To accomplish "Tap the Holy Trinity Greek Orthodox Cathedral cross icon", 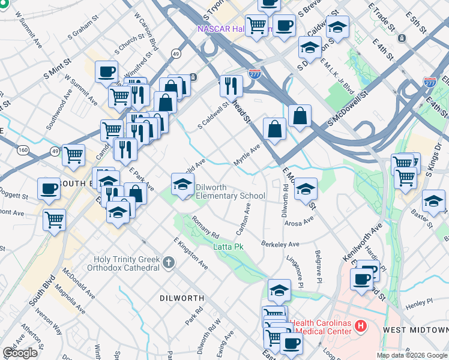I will (x=169, y=262).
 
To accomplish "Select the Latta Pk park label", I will (x=229, y=247).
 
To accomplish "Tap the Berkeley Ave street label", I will (x=280, y=244).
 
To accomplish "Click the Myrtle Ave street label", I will (x=247, y=156).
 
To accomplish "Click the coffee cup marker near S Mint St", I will (x=106, y=73).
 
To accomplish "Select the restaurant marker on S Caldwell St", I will (x=231, y=85).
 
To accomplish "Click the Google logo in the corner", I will (x=20, y=353).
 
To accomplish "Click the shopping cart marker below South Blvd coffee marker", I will (x=54, y=220).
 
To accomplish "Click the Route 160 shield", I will (x=23, y=149).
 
